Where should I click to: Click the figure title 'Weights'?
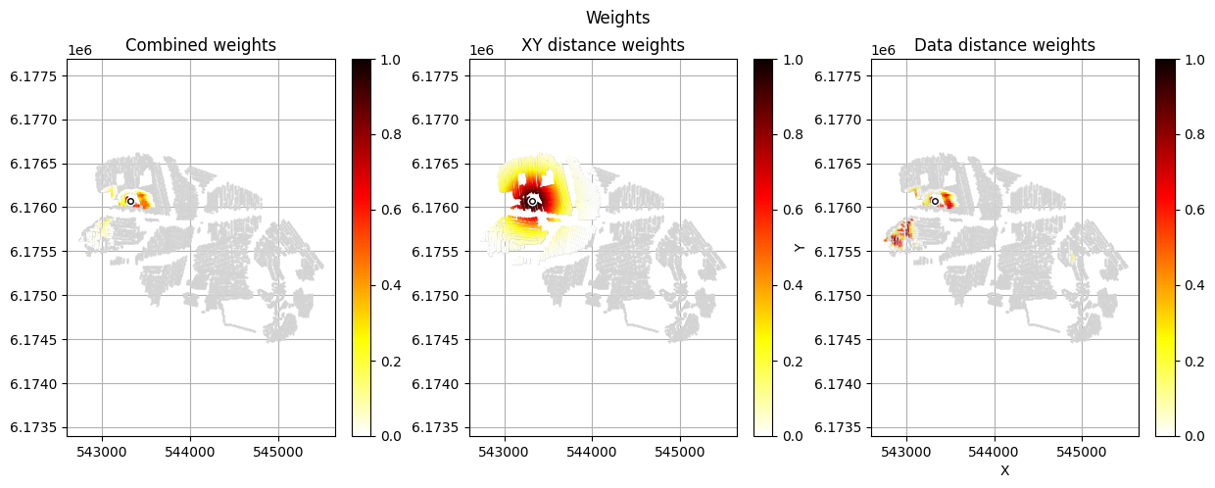(x=617, y=18)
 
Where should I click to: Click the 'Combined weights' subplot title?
(x=201, y=45)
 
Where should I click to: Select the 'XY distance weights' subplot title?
(x=603, y=45)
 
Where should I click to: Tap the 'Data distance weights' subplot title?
(x=1004, y=45)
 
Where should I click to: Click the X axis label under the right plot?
(x=1004, y=470)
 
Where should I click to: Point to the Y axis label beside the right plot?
(x=801, y=247)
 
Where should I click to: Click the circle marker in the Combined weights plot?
(x=130, y=201)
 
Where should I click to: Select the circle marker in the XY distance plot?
(x=532, y=201)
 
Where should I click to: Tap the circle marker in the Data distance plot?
(x=935, y=201)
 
